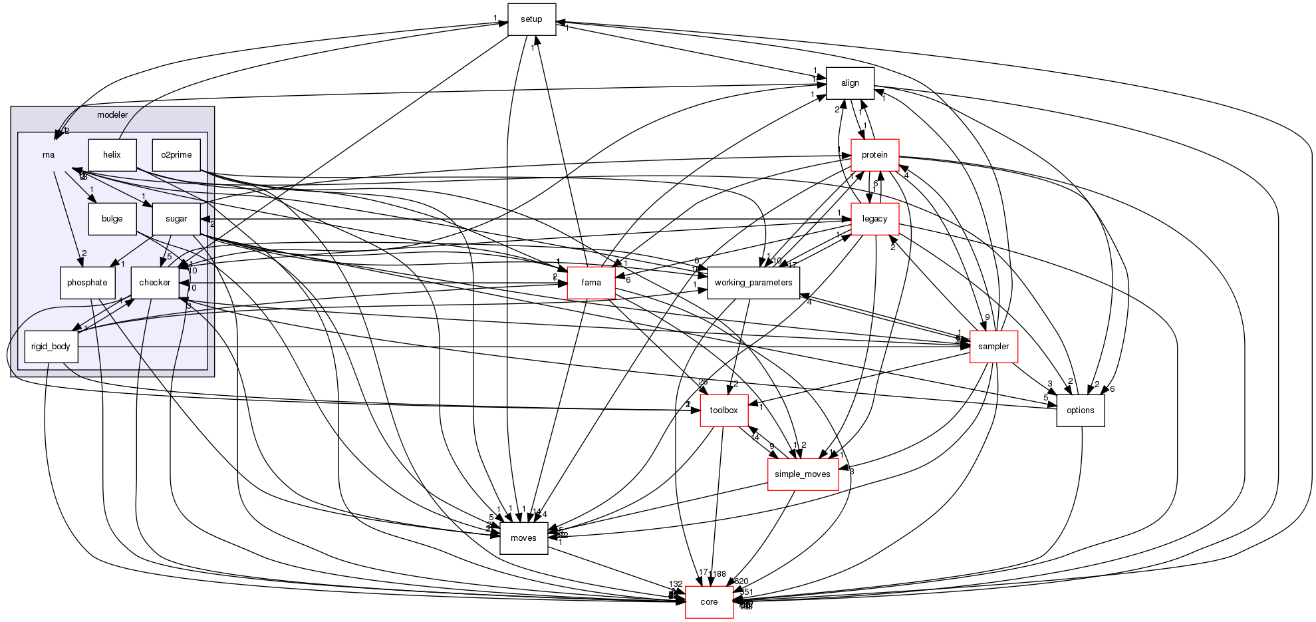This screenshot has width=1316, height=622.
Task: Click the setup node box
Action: pos(531,19)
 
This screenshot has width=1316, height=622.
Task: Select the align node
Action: pos(850,83)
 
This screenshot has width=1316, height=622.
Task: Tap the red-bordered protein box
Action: pos(874,155)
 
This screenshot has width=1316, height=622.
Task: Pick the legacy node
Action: pos(874,219)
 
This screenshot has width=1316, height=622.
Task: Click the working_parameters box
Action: pos(753,283)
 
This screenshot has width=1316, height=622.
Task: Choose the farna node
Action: pos(591,283)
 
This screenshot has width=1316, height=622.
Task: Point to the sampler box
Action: pos(993,347)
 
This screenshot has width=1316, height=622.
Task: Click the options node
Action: pos(1080,410)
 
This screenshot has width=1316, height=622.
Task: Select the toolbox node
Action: pos(724,410)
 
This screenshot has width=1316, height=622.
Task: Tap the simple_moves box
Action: pos(803,474)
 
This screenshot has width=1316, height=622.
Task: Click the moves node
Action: pos(523,538)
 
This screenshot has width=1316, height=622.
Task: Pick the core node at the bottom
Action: pos(709,602)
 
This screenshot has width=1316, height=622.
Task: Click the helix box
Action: pos(112,155)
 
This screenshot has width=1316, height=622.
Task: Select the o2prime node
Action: pos(176,155)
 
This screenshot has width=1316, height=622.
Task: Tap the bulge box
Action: pos(112,219)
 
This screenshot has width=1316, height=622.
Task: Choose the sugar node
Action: pos(176,219)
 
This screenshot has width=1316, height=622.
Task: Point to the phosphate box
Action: pos(87,283)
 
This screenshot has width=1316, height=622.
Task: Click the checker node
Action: pos(154,283)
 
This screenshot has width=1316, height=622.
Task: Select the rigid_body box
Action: pos(51,347)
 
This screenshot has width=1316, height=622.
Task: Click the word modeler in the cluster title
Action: pos(112,115)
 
